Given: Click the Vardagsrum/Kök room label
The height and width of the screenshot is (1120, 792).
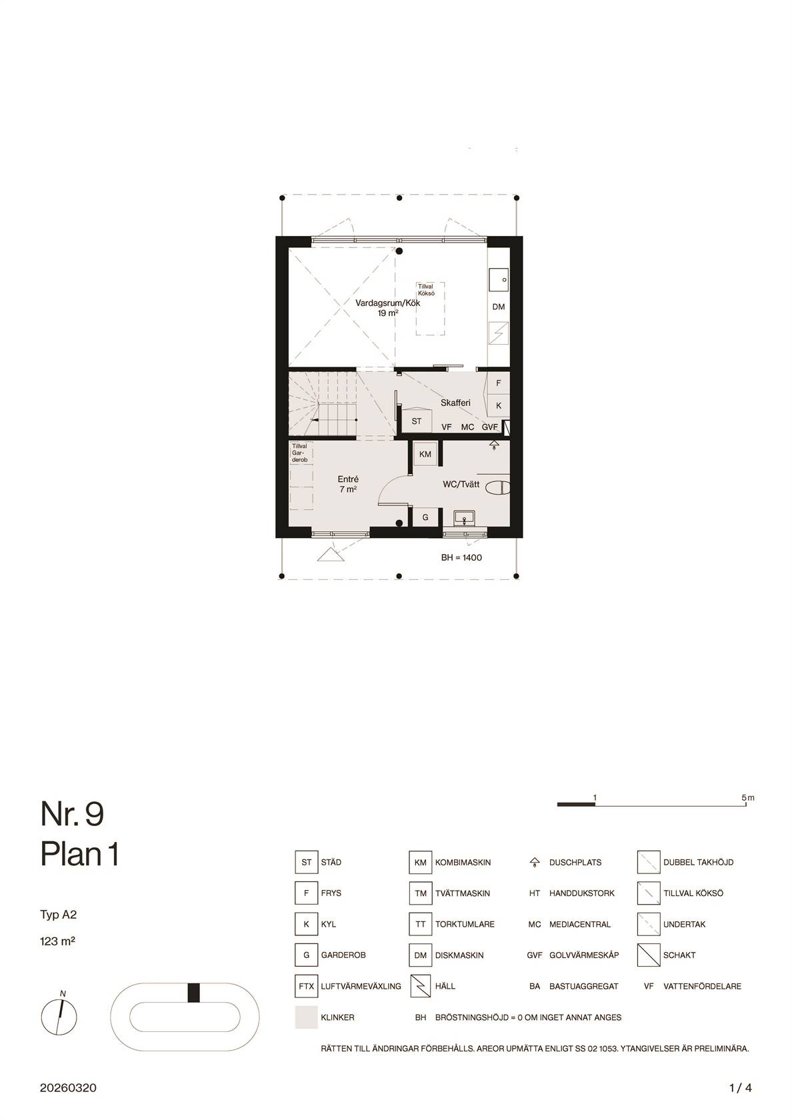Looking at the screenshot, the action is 387,303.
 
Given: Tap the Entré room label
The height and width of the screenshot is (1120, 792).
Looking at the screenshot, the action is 348,479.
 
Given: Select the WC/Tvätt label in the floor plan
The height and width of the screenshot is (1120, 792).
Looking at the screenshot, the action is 461,484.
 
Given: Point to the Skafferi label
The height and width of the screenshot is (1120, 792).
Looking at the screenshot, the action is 455,403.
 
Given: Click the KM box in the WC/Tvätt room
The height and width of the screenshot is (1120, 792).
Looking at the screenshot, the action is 425,454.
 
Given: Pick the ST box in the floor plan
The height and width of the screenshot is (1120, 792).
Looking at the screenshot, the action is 417,421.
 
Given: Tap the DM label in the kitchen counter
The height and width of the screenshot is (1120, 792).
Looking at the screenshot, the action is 499,307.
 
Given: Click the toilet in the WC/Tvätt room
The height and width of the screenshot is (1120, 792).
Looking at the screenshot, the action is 498,487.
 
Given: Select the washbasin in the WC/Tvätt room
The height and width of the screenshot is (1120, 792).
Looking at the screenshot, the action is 465,518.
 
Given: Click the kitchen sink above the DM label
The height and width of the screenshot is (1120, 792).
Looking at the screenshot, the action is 499,281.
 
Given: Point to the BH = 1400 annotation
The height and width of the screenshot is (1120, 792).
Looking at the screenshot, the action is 461,557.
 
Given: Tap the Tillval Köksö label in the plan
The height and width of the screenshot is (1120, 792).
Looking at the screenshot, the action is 426,290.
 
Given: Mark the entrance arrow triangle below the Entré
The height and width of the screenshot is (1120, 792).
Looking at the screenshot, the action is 331,555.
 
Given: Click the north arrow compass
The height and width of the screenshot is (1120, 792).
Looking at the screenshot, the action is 59,1016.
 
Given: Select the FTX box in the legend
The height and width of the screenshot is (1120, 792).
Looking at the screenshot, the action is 306,986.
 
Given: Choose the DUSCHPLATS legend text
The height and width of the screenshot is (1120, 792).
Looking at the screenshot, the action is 575,863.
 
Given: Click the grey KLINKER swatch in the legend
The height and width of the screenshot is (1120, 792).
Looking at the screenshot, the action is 306,1017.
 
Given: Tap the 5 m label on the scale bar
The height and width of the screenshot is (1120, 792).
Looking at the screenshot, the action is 747,797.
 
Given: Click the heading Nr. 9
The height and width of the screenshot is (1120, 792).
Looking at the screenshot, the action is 72,813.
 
